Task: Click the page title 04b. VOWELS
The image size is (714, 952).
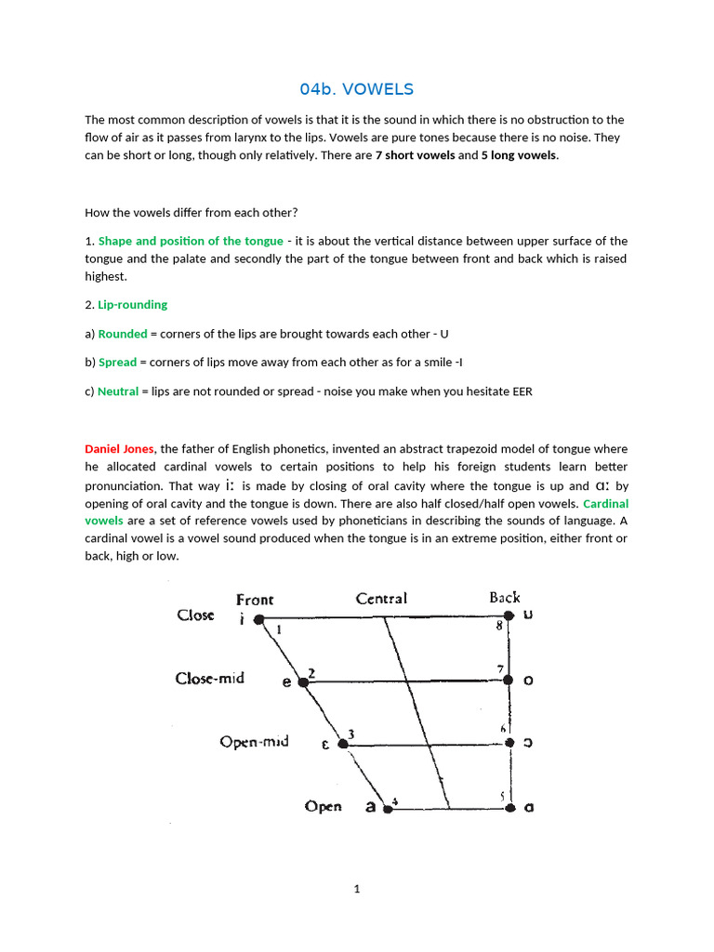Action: pyautogui.click(x=356, y=89)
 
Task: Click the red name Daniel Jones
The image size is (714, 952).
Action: pyautogui.click(x=120, y=449)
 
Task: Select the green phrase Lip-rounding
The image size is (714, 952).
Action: pyautogui.click(x=133, y=304)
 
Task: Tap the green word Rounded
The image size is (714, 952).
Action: pyautogui.click(x=123, y=334)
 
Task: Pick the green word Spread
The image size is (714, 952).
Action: pyautogui.click(x=117, y=362)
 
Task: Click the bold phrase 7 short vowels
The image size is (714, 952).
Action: pyautogui.click(x=415, y=155)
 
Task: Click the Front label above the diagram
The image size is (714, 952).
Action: pyautogui.click(x=255, y=600)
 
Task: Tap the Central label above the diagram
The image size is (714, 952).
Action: pyautogui.click(x=381, y=599)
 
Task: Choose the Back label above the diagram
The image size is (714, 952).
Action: pyautogui.click(x=505, y=598)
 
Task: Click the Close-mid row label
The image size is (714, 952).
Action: pyautogui.click(x=210, y=678)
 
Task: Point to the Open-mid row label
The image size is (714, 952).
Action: pyautogui.click(x=255, y=741)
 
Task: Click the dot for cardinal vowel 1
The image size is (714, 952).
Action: pyautogui.click(x=259, y=618)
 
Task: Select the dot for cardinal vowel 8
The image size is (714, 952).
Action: pyautogui.click(x=509, y=615)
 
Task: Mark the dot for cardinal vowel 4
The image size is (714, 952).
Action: pyautogui.click(x=389, y=809)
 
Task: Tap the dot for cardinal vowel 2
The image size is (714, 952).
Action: pyautogui.click(x=301, y=681)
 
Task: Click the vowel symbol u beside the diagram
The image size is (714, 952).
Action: pyautogui.click(x=528, y=615)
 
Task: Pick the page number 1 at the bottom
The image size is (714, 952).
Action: pyautogui.click(x=356, y=889)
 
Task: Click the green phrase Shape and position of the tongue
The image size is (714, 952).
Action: pyautogui.click(x=191, y=241)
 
